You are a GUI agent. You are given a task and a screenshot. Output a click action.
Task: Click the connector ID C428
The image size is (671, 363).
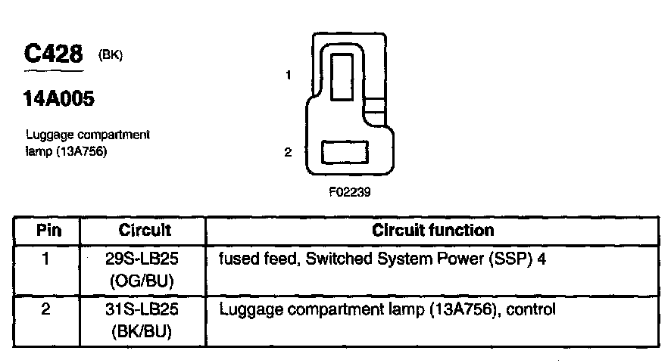click(53, 55)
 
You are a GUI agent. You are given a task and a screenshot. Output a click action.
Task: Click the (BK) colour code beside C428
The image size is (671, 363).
click(111, 55)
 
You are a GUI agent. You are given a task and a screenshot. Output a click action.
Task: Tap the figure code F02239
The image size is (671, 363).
click(349, 192)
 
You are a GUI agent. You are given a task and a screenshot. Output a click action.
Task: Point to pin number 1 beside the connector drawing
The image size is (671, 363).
click(289, 75)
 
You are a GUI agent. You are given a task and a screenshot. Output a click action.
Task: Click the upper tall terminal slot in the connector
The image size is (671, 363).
click(348, 73)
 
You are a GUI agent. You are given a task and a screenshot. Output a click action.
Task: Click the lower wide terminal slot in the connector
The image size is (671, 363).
click(345, 152)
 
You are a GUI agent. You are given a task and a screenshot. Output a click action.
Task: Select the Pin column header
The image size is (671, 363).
click(48, 230)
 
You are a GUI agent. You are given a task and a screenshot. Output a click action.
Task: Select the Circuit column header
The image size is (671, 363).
click(145, 230)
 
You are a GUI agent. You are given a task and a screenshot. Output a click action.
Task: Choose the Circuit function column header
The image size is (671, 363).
click(432, 230)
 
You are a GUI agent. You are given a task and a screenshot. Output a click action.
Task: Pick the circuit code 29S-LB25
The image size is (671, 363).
click(145, 259)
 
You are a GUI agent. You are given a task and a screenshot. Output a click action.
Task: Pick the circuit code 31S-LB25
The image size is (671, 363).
click(145, 309)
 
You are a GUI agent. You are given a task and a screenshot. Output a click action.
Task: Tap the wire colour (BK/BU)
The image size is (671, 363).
click(145, 330)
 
